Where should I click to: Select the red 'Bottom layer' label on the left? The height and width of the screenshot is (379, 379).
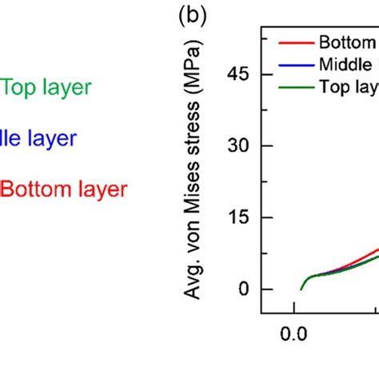coord(63,189)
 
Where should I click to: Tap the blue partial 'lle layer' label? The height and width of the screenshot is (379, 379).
coord(38,138)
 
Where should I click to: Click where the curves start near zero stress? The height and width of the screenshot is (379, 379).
coord(301,289)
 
